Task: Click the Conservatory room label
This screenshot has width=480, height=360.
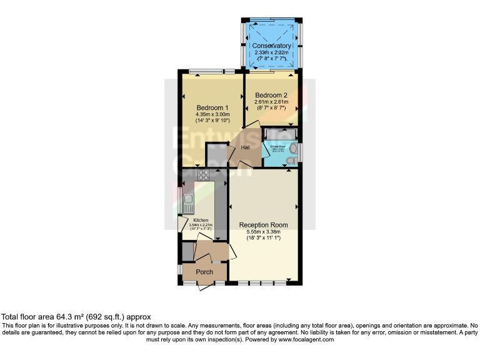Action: click(x=271, y=46)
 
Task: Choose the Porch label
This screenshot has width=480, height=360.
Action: click(x=204, y=272)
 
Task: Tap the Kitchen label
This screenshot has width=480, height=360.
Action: click(x=200, y=220)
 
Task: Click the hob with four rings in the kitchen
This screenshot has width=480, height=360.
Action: click(x=204, y=176)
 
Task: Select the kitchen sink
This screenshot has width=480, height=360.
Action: click(x=188, y=202)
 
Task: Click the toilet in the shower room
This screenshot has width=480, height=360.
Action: click(x=289, y=161)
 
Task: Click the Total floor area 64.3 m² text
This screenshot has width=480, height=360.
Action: click(x=76, y=317)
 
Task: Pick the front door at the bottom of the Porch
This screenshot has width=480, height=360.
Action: click(x=205, y=286)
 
